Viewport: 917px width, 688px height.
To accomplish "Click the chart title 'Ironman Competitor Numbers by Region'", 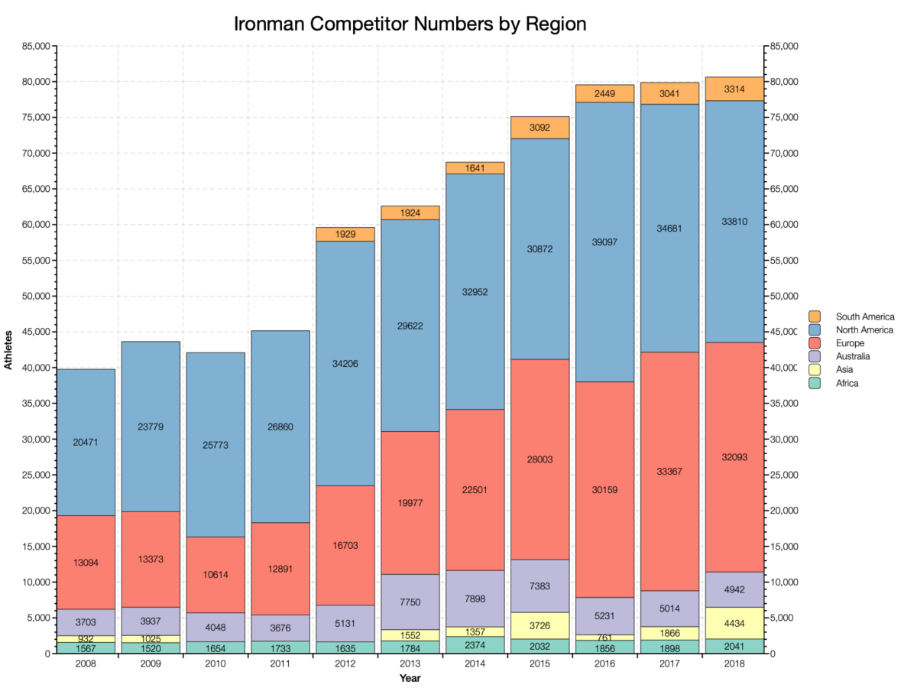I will coord(410,24).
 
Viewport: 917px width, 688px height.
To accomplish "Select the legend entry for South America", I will coord(864,316).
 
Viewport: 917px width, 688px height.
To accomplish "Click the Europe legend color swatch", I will coord(815,343).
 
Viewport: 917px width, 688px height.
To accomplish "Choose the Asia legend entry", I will coord(845,370).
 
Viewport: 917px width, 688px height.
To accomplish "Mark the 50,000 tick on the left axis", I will coord(34,297).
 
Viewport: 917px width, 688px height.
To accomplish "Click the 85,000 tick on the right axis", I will coord(784,47).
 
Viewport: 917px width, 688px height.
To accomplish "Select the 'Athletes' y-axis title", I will coord(8,349).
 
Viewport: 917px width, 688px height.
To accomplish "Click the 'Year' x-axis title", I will coord(410,678).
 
